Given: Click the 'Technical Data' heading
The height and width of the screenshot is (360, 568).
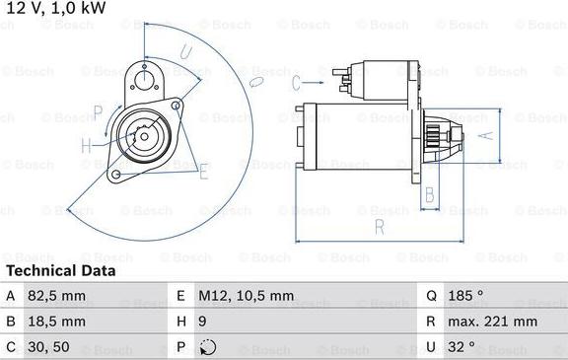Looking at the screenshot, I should pyautogui.click(x=60, y=270).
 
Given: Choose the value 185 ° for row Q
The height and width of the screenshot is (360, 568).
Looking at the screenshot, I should pyautogui.click(x=467, y=295).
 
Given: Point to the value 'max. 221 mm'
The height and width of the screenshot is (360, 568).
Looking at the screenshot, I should pyautogui.click(x=494, y=322).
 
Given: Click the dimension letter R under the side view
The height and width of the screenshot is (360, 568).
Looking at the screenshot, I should pyautogui.click(x=380, y=229).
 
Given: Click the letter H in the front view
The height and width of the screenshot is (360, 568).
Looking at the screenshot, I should pyautogui.click(x=87, y=146).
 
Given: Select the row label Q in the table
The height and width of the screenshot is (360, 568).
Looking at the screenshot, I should pyautogui.click(x=432, y=295).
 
